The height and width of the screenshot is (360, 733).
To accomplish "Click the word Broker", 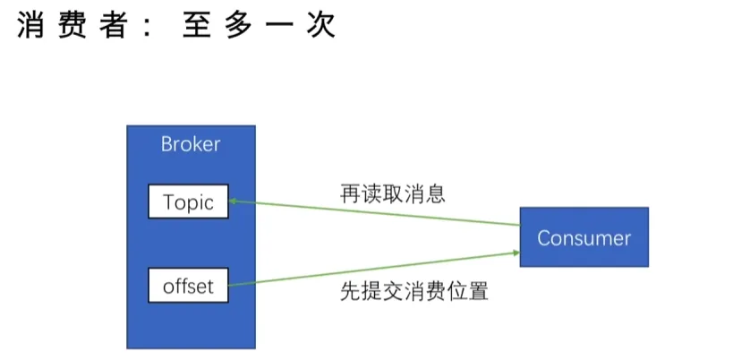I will point(190,144).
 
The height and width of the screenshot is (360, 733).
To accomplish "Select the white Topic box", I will point(188,202).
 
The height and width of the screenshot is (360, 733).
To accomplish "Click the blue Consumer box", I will point(584,238).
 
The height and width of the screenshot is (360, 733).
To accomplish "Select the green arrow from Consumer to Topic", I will point(376,214).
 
